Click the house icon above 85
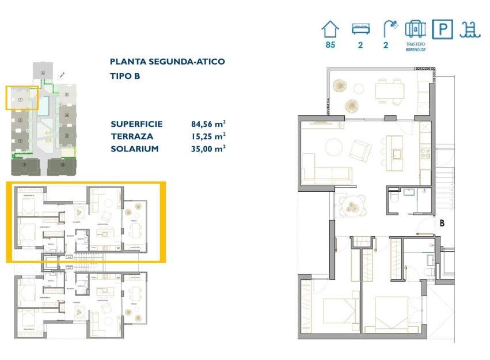pos(330,29)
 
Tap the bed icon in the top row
pos(360,29)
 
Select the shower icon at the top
pos(390,29)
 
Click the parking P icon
pos(442,29)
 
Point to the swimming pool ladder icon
pos(469,29)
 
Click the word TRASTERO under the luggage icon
pos(415,44)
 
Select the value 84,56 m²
pos(208,124)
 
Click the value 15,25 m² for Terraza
pos(208,136)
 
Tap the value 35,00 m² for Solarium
pos(208,148)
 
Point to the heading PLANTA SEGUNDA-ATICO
pos(167,62)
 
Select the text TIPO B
pos(125,75)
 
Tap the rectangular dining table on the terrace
pos(389,91)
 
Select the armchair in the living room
pos(362,151)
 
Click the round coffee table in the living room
pos(334,147)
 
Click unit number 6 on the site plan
pos(43,73)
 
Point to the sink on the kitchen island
pos(397,153)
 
